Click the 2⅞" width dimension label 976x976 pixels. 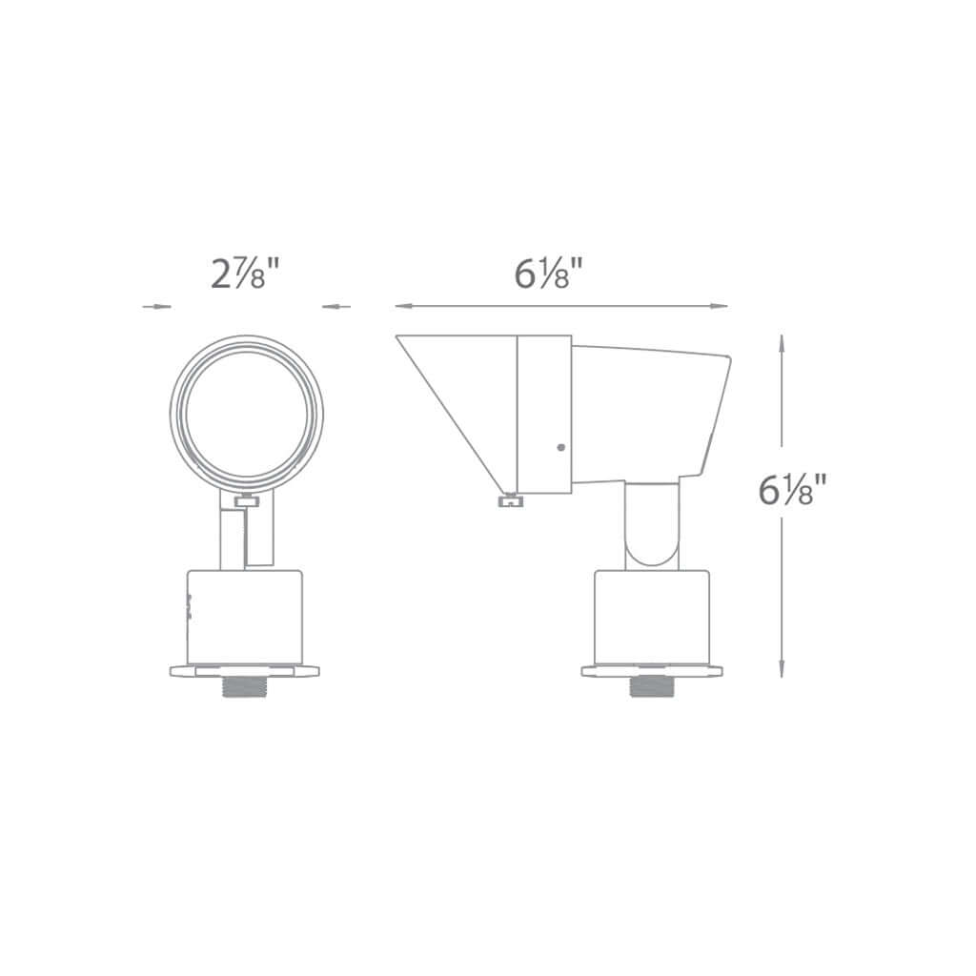coord(246,274)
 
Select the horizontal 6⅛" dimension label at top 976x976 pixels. coord(548,274)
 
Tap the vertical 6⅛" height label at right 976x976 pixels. coord(792,489)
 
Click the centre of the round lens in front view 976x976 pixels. coord(247,414)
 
